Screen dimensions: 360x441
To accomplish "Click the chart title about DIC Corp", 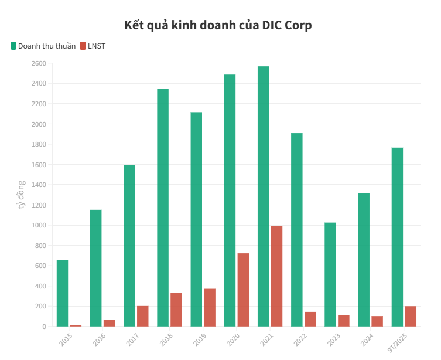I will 218,25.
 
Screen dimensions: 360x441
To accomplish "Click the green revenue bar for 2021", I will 263,196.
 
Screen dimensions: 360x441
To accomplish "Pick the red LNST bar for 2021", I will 276,276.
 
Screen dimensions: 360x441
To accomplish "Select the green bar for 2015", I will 62,293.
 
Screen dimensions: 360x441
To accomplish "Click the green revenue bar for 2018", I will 163,208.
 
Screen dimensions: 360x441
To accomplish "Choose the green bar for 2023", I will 330,274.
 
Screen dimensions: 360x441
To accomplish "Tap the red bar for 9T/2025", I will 411,316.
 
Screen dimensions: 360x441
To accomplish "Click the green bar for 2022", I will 297,229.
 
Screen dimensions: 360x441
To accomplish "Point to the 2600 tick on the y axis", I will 38,63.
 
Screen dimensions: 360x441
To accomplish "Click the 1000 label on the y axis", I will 38,225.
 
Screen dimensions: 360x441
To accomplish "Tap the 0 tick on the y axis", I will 43,327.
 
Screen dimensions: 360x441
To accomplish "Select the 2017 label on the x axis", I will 132,339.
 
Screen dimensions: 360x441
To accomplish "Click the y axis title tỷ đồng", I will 21,195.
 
